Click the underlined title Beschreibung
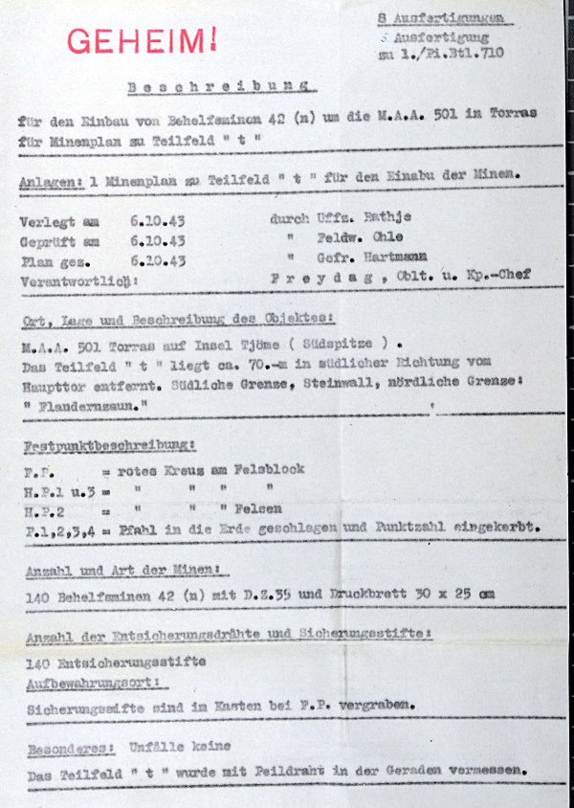click(222, 86)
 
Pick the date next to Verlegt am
click(158, 220)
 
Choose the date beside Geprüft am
click(158, 240)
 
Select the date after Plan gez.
click(158, 260)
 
